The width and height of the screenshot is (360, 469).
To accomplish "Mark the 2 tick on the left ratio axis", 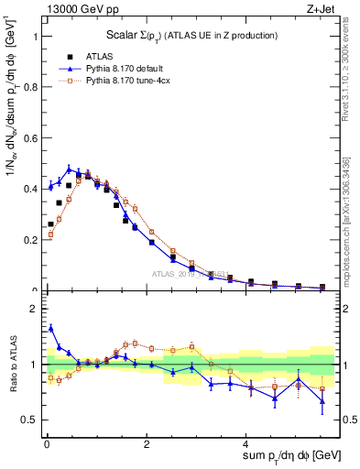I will [37, 309].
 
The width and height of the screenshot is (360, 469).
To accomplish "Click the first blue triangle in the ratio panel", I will [50, 327].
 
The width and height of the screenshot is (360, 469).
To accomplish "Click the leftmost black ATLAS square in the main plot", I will [50, 224].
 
